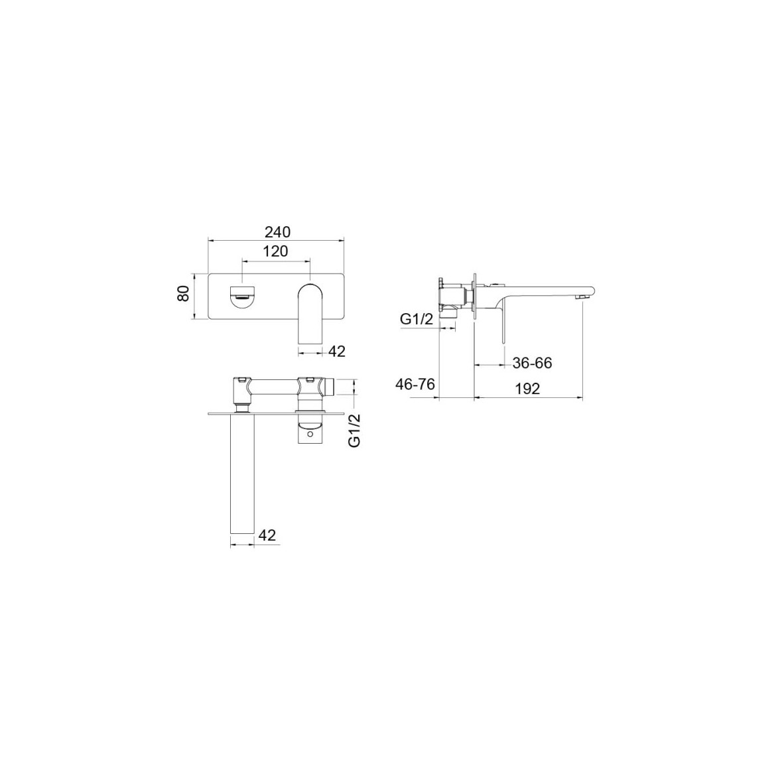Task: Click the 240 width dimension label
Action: [277, 231]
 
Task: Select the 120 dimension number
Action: [275, 251]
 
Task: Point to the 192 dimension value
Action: [527, 389]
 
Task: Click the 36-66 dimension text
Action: [532, 363]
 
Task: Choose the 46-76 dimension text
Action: [415, 383]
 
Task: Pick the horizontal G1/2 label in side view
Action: [417, 319]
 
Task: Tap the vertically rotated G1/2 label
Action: [355, 430]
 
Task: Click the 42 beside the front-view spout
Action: [336, 351]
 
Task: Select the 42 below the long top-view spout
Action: [267, 535]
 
